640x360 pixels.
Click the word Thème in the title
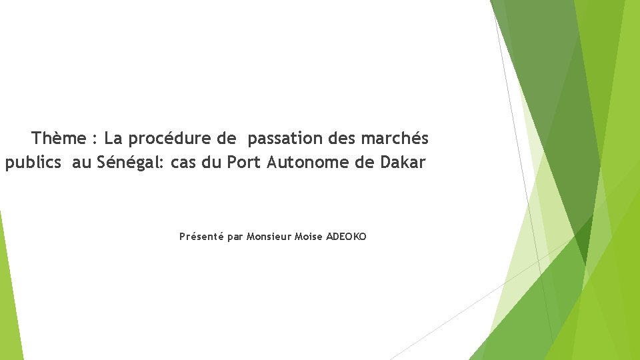point(59,139)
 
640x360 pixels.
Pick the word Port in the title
point(244,162)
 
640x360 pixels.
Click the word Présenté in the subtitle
point(201,237)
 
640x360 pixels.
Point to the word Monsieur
point(269,237)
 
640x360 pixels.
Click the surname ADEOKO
point(346,237)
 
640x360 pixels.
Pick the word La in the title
point(114,139)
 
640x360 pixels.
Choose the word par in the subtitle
point(235,237)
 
